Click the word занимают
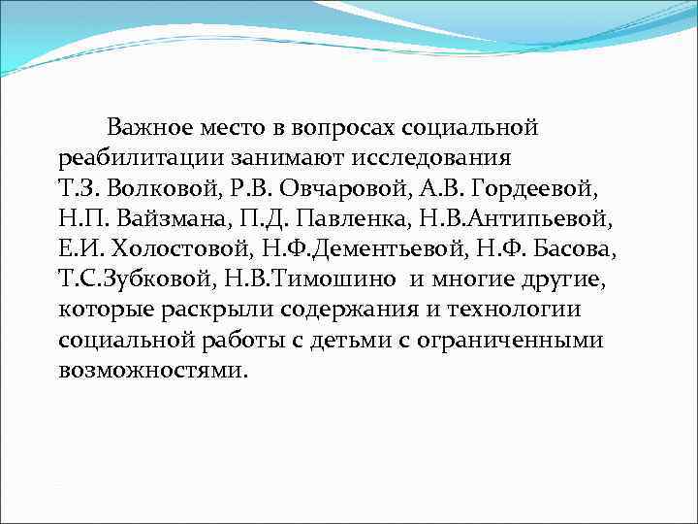click(258, 157)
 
